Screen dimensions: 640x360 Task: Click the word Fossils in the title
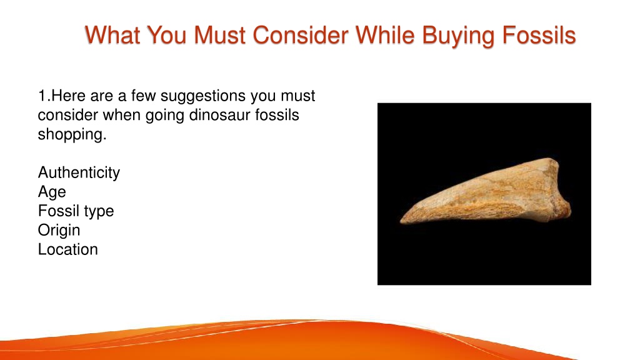(539, 35)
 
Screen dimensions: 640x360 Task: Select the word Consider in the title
(301, 35)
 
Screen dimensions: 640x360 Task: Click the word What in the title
(112, 35)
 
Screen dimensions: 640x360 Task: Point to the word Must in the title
(219, 35)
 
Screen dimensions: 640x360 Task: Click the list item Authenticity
(79, 173)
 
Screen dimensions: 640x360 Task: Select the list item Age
(52, 192)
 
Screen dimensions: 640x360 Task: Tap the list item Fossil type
(76, 211)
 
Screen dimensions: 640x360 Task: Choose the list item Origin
(59, 231)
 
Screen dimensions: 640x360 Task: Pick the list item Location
(67, 249)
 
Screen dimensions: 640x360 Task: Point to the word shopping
(72, 135)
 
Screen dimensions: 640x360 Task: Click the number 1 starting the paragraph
(42, 96)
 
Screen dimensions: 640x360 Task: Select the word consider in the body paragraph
(67, 115)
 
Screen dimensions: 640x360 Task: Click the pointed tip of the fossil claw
(401, 222)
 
